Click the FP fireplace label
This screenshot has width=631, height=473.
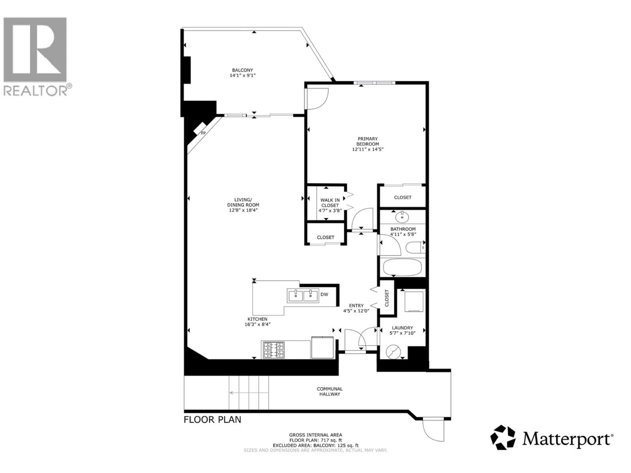[x=203, y=133]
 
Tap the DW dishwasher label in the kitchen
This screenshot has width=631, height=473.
[x=324, y=294]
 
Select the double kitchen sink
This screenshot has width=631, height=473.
[x=303, y=296]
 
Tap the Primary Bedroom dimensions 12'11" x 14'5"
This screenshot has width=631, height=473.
[x=368, y=149]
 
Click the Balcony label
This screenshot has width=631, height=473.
[x=243, y=70]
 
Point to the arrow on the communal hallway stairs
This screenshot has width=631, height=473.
[x=248, y=393]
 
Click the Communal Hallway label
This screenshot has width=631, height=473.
[x=329, y=392]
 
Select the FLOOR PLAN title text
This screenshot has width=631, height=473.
[x=212, y=419]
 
